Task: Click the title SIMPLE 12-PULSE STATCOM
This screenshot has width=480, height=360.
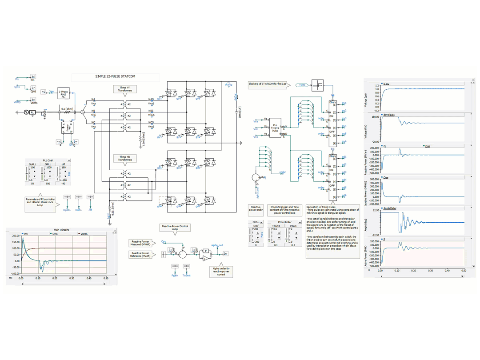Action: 115,76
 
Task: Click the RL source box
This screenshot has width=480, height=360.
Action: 33,112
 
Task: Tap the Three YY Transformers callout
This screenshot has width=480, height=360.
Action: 125,89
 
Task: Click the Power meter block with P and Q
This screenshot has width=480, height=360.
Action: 67,128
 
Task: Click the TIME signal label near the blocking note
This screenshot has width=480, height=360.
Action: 302,84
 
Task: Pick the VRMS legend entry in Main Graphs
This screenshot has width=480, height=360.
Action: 84,233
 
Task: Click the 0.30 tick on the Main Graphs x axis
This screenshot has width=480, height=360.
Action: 72,278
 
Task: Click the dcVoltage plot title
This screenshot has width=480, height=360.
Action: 388,115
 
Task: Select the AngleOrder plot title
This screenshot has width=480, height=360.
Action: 390,208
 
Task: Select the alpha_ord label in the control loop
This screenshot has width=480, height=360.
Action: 217,245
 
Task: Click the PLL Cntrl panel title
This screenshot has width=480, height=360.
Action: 48,160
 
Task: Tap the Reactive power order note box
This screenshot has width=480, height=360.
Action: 256,209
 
